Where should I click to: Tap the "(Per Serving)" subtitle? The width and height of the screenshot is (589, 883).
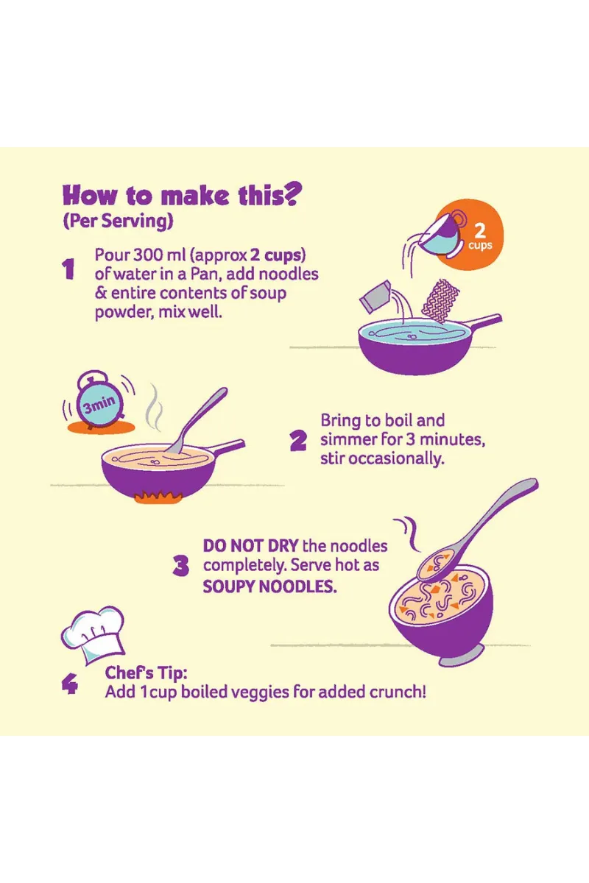pyautogui.click(x=118, y=221)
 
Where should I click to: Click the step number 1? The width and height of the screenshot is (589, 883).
pyautogui.click(x=68, y=269)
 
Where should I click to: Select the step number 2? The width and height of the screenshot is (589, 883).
pyautogui.click(x=298, y=440)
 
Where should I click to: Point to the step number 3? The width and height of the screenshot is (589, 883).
pyautogui.click(x=180, y=566)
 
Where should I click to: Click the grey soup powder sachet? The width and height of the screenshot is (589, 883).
pyautogui.click(x=375, y=297)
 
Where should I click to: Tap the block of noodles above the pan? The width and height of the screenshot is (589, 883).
pyautogui.click(x=441, y=302)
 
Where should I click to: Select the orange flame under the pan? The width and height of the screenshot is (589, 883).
pyautogui.click(x=158, y=497)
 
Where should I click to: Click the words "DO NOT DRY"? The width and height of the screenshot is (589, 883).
pyautogui.click(x=250, y=546)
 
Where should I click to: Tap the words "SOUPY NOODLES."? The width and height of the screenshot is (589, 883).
pyautogui.click(x=270, y=586)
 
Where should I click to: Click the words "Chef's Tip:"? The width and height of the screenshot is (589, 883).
pyautogui.click(x=146, y=673)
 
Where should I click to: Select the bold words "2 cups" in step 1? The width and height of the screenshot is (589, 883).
pyautogui.click(x=278, y=255)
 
